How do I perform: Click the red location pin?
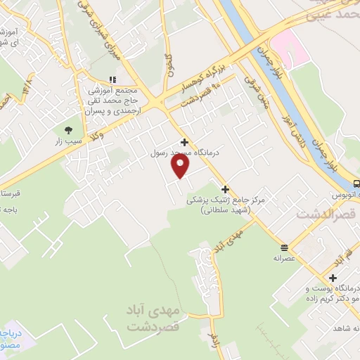[x=181, y=166]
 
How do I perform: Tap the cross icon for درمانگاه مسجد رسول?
[x=184, y=141]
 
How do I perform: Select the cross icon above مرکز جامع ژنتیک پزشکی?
[x=225, y=189]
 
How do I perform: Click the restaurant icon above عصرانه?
[x=284, y=247]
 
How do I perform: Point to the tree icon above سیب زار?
[x=68, y=130]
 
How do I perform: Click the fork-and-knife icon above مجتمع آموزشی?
[x=111, y=79]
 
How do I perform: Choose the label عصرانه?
[x=284, y=258]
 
